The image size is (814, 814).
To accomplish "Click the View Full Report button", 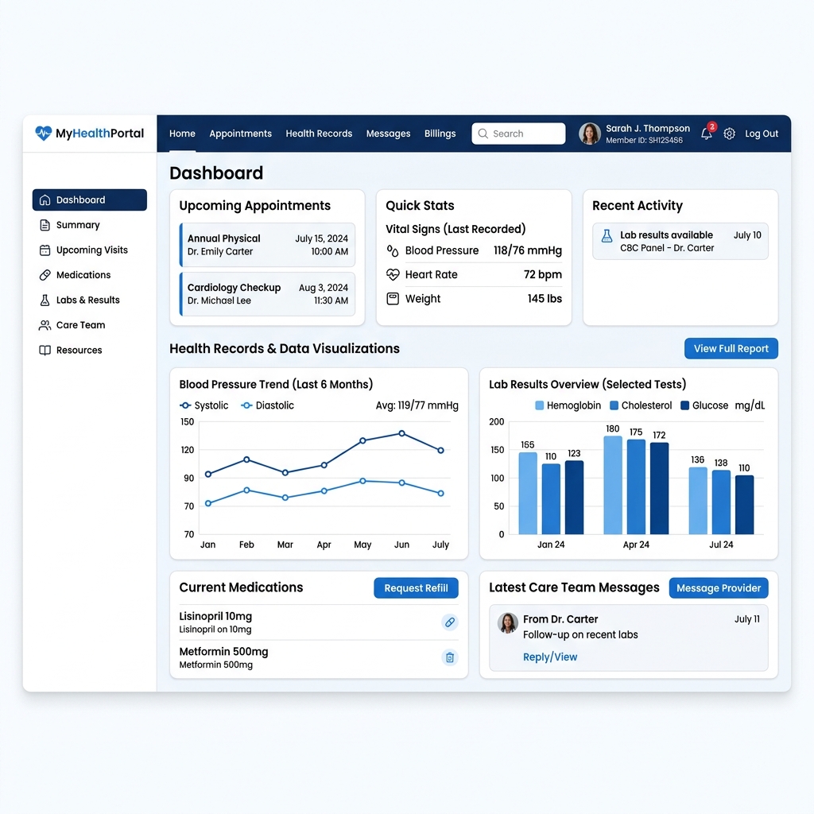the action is (731, 348).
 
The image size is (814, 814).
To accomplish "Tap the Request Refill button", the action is (416, 587).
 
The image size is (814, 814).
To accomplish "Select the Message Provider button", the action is (719, 587).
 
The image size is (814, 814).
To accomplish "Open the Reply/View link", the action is (550, 657).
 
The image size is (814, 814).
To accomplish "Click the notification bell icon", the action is (707, 134).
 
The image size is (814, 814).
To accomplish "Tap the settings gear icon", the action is (730, 134).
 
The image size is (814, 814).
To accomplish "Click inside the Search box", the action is (518, 134).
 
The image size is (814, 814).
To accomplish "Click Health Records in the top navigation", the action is (319, 134).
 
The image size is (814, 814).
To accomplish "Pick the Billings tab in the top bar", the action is (440, 134).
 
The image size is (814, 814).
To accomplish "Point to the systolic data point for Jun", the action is (401, 433).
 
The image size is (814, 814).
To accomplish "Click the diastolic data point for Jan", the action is (208, 503).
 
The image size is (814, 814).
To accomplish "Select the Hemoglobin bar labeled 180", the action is (613, 485).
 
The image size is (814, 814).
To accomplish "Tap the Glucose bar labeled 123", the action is (574, 498).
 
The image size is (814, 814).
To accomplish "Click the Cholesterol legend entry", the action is (641, 405).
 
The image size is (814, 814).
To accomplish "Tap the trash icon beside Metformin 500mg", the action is (450, 657).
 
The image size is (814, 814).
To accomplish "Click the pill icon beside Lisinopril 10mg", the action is (450, 622).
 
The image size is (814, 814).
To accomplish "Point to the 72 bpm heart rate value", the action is (542, 274).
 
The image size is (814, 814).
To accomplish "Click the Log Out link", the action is (762, 134).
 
